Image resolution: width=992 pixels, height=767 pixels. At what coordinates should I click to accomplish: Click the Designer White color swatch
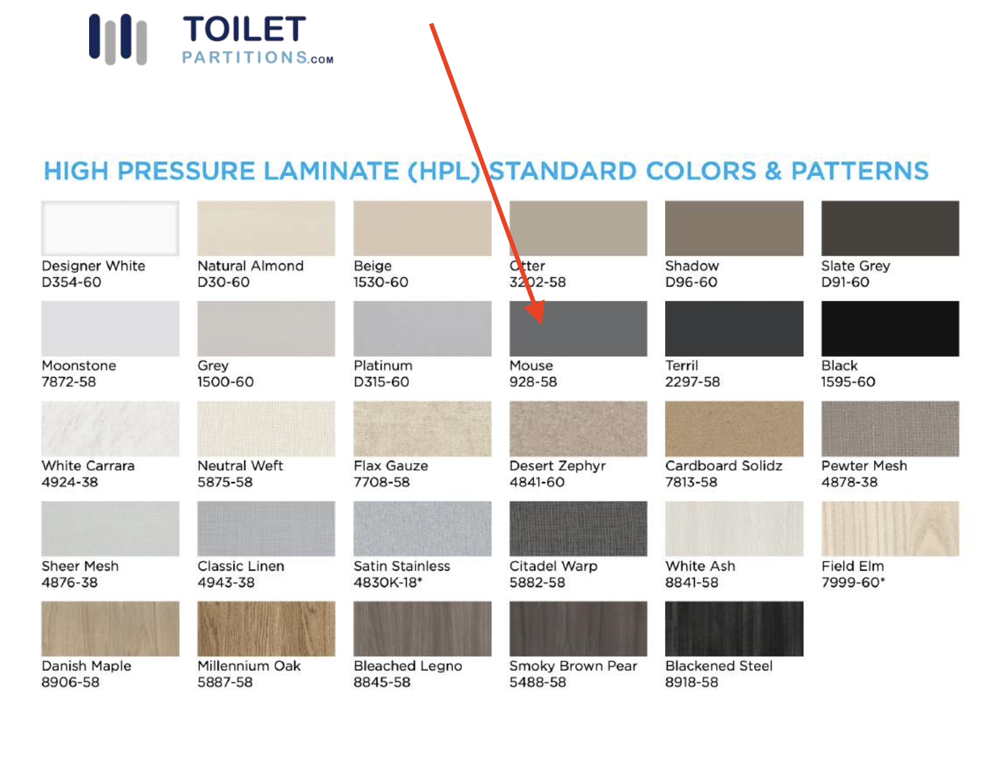(x=110, y=228)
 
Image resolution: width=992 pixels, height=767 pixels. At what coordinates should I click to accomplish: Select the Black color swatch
(x=890, y=328)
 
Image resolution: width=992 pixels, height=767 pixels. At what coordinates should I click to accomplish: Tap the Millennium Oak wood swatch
(x=266, y=629)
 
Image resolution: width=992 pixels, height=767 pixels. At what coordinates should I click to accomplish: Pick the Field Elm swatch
(x=890, y=528)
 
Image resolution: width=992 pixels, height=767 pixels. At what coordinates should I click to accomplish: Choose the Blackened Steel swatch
(x=734, y=629)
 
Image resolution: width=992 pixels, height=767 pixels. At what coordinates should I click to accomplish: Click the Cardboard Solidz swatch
(x=734, y=429)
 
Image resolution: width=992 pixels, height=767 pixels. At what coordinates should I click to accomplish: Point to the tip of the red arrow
(x=541, y=323)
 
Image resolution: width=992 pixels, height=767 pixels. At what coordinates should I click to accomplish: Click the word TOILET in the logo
(x=244, y=30)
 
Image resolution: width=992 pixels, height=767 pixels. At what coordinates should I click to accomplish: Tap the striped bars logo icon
(x=118, y=39)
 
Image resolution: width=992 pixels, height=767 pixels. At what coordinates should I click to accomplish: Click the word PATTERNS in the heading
(x=860, y=172)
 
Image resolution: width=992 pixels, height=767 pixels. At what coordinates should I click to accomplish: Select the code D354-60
(x=71, y=283)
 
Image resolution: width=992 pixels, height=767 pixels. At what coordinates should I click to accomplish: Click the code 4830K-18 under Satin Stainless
(x=387, y=583)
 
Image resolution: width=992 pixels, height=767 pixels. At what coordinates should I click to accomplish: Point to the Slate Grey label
(x=855, y=266)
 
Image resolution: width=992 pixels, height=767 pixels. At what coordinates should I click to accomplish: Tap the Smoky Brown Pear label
(x=573, y=666)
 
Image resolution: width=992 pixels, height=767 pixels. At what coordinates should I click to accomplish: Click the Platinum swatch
(x=422, y=328)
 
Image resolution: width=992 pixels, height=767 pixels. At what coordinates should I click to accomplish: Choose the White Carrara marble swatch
(x=110, y=429)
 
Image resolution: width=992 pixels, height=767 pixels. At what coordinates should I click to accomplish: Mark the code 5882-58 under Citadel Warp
(x=537, y=583)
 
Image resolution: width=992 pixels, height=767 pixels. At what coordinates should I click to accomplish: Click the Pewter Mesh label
(x=864, y=466)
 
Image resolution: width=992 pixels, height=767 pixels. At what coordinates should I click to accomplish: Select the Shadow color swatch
(x=734, y=228)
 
